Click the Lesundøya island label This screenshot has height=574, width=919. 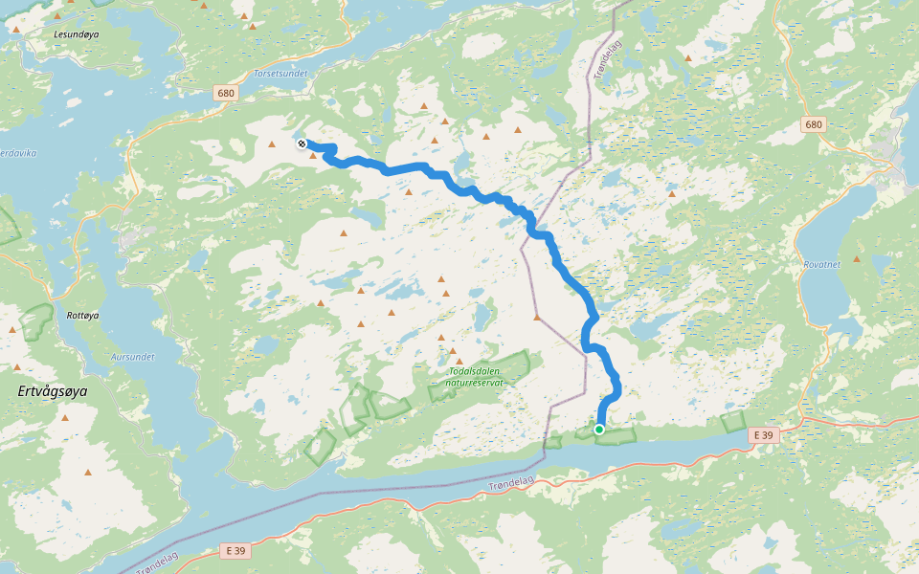click(x=77, y=33)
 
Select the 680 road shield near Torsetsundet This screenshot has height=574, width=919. click(x=226, y=93)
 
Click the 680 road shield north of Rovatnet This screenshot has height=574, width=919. click(x=814, y=124)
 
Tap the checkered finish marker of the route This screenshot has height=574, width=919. click(x=302, y=143)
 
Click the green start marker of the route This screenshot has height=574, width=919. click(x=599, y=430)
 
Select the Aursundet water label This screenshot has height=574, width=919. click(x=132, y=356)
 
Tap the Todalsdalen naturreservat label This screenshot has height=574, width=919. click(x=476, y=376)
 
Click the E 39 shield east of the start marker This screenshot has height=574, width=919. click(x=763, y=435)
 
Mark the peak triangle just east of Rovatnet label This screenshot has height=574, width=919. click(x=858, y=258)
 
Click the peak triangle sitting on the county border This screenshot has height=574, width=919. click(x=538, y=317)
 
